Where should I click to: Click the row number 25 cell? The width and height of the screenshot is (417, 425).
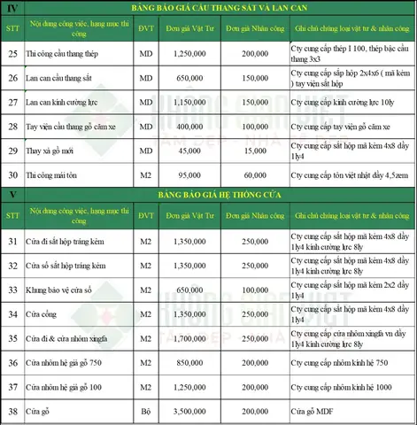(x=13, y=54)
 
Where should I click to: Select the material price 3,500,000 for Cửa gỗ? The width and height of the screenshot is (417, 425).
(x=185, y=413)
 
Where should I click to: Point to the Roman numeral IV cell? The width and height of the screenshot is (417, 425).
(x=13, y=9)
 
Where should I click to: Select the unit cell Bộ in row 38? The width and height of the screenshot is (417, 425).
(x=145, y=413)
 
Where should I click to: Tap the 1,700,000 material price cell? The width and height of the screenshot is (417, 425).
(x=185, y=336)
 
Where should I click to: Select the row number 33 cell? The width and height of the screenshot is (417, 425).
(x=13, y=289)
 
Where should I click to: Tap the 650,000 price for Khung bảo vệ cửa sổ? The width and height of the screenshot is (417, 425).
(x=185, y=289)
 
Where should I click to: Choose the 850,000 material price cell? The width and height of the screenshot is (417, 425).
(x=185, y=361)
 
